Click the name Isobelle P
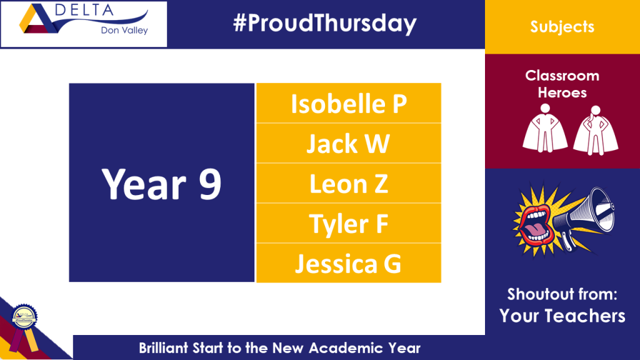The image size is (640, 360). tap(349, 104)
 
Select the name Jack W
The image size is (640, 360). tap(348, 144)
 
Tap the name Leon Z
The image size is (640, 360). tap(349, 184)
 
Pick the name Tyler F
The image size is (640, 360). tap(349, 224)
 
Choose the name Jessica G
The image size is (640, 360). tap(348, 264)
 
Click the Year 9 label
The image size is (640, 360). tap(162, 184)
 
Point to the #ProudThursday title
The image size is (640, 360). tap(325, 23)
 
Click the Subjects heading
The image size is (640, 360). tap(562, 27)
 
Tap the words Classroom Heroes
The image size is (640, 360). tap(562, 84)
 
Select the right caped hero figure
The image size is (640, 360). tap(596, 130)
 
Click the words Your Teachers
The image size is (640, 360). tap(562, 316)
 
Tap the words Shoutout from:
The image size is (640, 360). tap(562, 294)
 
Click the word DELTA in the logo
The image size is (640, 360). tap(84, 10)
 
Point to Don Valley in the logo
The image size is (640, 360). tap(124, 30)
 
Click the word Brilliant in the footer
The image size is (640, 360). tap(163, 348)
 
